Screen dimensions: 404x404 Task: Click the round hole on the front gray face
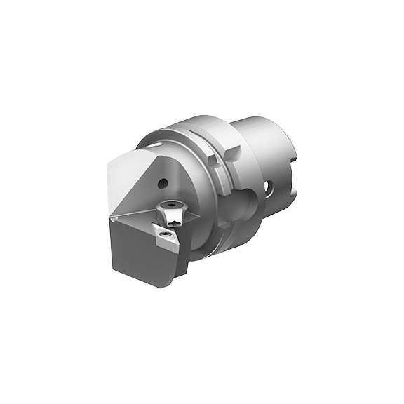(x=163, y=184)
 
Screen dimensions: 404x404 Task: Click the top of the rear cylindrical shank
(x=260, y=126)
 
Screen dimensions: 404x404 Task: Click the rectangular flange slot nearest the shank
(x=231, y=151)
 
